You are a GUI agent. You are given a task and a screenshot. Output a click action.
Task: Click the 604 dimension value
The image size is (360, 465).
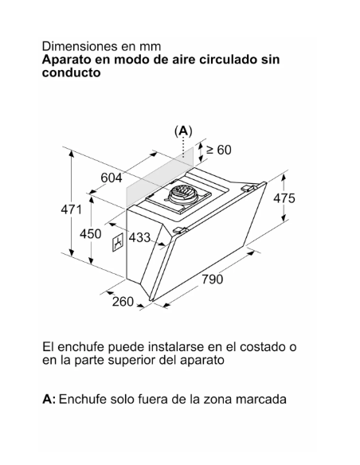[112, 178]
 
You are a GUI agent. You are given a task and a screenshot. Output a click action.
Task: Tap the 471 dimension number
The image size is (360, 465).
[71, 209]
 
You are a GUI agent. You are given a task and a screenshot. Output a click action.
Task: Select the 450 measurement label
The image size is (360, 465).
[91, 234]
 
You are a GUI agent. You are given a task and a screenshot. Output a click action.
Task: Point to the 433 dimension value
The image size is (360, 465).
[139, 237]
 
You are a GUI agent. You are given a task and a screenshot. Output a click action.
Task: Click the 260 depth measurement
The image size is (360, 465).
[123, 302]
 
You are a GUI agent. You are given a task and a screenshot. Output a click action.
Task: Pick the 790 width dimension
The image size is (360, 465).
[213, 279]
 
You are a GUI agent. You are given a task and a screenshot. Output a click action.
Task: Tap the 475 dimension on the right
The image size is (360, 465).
[284, 198]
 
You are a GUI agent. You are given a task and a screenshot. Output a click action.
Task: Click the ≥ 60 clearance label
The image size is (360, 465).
[219, 150]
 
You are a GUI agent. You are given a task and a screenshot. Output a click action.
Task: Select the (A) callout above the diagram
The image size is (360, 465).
[183, 131]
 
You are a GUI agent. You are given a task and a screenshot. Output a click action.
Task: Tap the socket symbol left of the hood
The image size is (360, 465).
[119, 242]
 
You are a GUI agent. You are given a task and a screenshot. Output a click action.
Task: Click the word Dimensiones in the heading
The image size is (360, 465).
[80, 46]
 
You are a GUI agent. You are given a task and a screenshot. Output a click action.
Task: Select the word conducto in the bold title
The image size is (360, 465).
[71, 72]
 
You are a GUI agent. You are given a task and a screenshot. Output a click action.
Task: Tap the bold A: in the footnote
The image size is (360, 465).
[49, 399]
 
